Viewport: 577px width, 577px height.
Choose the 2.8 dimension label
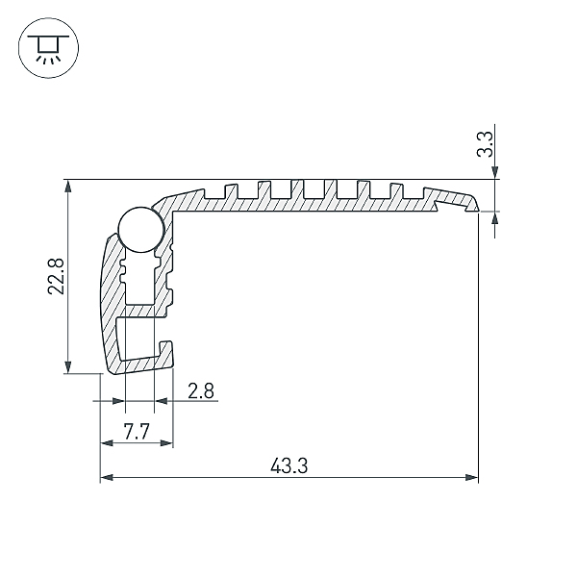click(201, 390)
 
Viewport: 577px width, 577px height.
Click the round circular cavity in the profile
click(138, 231)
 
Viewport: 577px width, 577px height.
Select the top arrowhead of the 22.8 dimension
click(68, 187)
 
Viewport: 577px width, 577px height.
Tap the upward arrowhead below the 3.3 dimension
click(495, 217)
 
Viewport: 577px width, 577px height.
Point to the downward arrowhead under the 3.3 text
click(495, 172)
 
